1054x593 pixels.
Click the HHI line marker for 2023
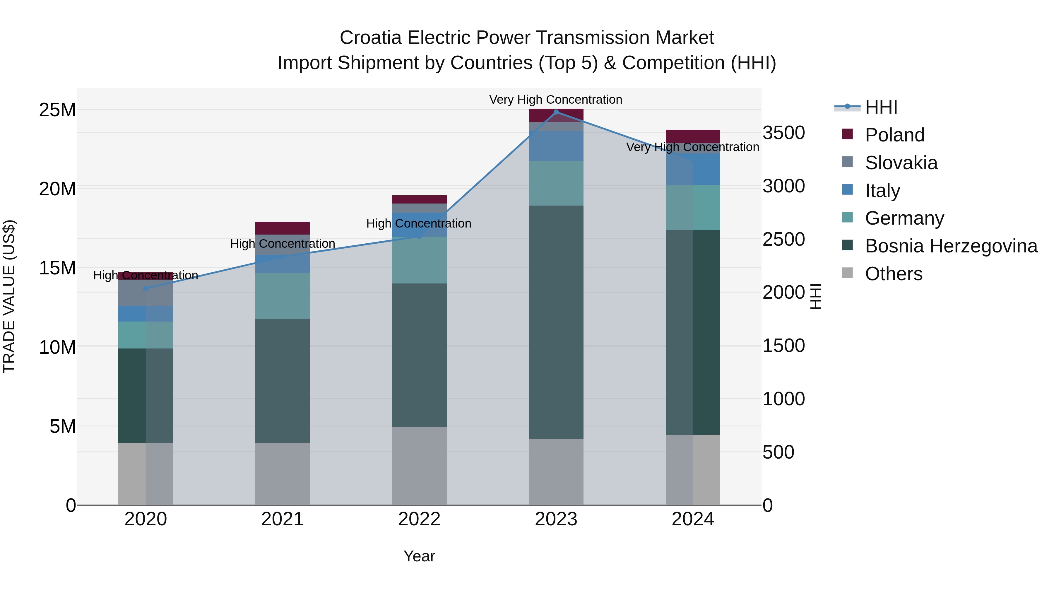(556, 112)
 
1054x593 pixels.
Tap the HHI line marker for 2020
(146, 288)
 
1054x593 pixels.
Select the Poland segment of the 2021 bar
(282, 228)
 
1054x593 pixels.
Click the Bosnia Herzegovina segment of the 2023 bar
(556, 322)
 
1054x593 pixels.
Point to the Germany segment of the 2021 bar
(282, 296)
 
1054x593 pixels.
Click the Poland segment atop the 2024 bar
(692, 136)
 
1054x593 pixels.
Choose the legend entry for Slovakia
(901, 163)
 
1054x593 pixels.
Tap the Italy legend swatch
(847, 190)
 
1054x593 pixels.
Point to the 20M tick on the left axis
(57, 189)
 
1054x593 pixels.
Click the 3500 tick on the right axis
(783, 133)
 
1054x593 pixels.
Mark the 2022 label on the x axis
(419, 519)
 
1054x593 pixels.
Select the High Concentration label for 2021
(282, 244)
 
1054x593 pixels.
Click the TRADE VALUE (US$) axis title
(9, 296)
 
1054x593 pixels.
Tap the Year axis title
(419, 556)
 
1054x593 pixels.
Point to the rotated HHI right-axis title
(815, 296)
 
